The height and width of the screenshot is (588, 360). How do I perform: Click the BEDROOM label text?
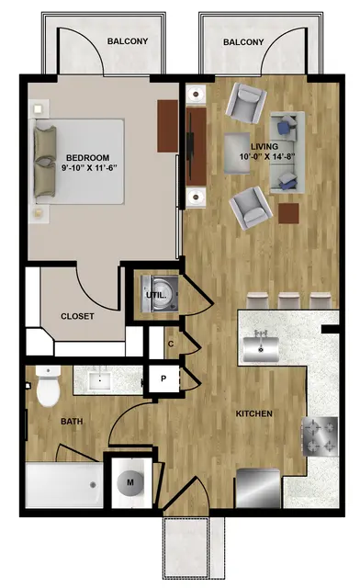pos(88,157)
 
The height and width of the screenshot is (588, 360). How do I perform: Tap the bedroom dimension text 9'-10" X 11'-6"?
pos(89,167)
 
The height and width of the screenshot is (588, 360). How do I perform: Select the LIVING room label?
pos(264,147)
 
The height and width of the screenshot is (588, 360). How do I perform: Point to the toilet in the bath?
pos(48,387)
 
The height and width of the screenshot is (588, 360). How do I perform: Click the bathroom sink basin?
pos(100,380)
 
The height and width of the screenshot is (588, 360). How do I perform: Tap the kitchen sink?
pos(261,349)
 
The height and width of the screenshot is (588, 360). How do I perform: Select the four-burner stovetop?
pos(320,436)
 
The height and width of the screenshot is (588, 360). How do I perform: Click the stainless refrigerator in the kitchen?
pos(258,488)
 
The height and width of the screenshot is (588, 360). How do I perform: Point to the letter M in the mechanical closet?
pos(130,482)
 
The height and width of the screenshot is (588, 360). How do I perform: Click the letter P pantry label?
pos(163,379)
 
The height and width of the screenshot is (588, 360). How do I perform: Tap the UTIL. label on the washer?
pos(156,295)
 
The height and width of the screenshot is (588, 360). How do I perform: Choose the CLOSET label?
pos(77,316)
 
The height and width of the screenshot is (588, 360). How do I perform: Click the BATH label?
pos(72,422)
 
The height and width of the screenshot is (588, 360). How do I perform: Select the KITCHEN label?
pos(253,414)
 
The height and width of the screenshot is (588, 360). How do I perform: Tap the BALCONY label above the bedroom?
pos(128,41)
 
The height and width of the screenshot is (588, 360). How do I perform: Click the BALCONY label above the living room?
pos(243,42)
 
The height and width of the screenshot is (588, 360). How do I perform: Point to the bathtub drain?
pos(93,485)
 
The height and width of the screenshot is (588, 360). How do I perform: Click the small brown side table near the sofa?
pos(288,213)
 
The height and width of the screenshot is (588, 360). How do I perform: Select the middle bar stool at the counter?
pos(288,300)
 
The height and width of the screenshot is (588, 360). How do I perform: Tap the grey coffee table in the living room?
pos(237,153)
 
